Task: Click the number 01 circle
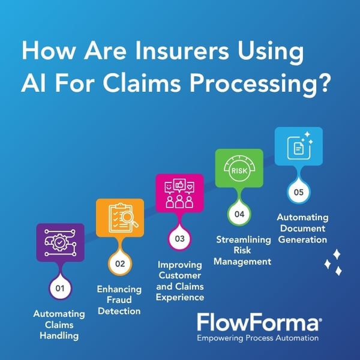[x=60, y=288]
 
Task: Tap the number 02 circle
[x=120, y=263]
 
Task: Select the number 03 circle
[x=179, y=239]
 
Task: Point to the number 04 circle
[x=239, y=214]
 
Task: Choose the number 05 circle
[x=299, y=192]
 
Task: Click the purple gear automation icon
[x=61, y=242]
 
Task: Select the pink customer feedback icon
[x=179, y=193]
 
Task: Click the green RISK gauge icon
[x=239, y=168]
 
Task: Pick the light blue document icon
[x=299, y=146]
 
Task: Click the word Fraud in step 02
[x=119, y=299]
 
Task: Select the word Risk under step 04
[x=242, y=250]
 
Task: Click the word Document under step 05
[x=302, y=228]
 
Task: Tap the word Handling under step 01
[x=59, y=335]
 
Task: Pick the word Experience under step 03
[x=180, y=298]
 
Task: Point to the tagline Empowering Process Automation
[x=258, y=338]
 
